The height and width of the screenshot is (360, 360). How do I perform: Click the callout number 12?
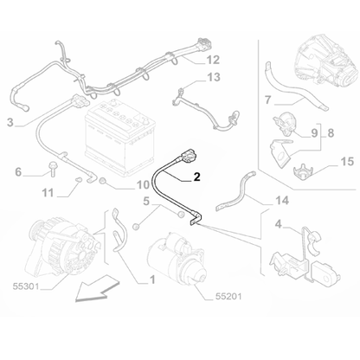pyautogui.click(x=213, y=60)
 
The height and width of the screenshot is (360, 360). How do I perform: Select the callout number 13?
pyautogui.click(x=213, y=78)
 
